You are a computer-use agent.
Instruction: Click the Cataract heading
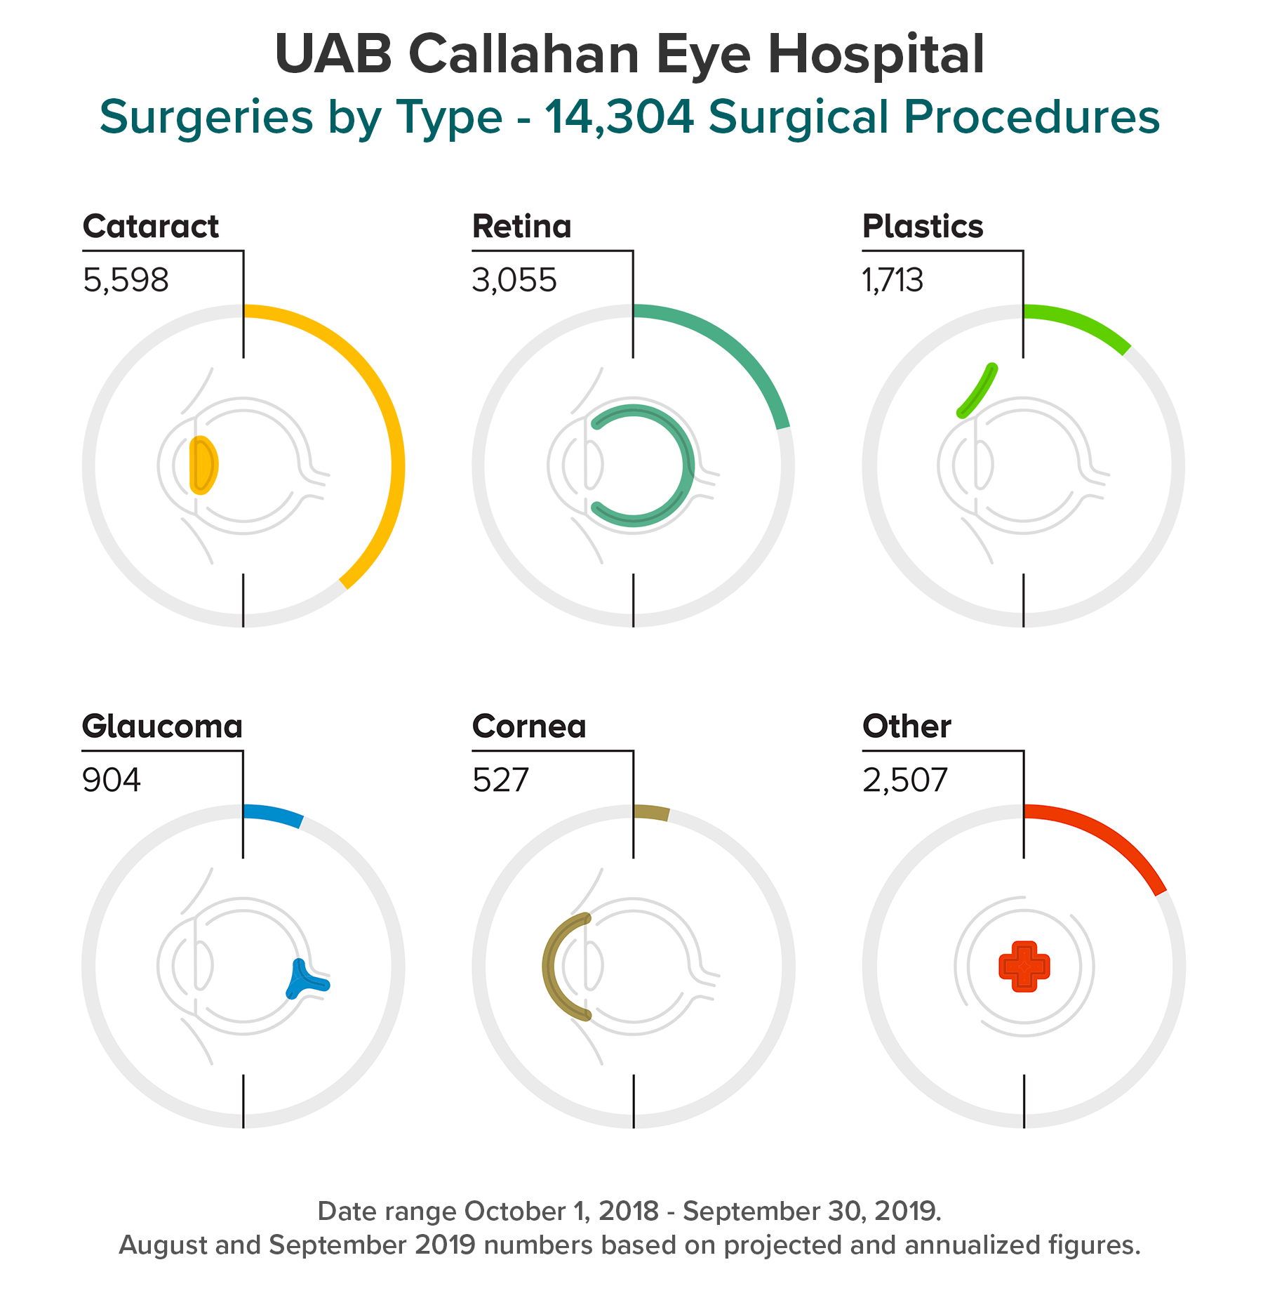click(150, 227)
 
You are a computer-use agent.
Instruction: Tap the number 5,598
click(126, 280)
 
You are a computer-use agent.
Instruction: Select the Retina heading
click(521, 227)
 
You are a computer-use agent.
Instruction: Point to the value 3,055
click(514, 280)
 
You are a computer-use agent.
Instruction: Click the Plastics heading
click(922, 227)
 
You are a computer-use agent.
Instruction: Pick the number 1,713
click(893, 280)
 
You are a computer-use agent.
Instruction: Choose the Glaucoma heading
click(162, 727)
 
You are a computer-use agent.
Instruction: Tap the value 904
click(112, 780)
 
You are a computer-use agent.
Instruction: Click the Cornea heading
click(529, 727)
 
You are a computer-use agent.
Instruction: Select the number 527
click(500, 780)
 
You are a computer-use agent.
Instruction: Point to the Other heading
click(907, 727)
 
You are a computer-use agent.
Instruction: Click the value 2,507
click(904, 780)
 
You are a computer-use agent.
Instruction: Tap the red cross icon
click(1024, 967)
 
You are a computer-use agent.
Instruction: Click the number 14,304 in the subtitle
click(619, 117)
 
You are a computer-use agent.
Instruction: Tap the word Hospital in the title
click(876, 55)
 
